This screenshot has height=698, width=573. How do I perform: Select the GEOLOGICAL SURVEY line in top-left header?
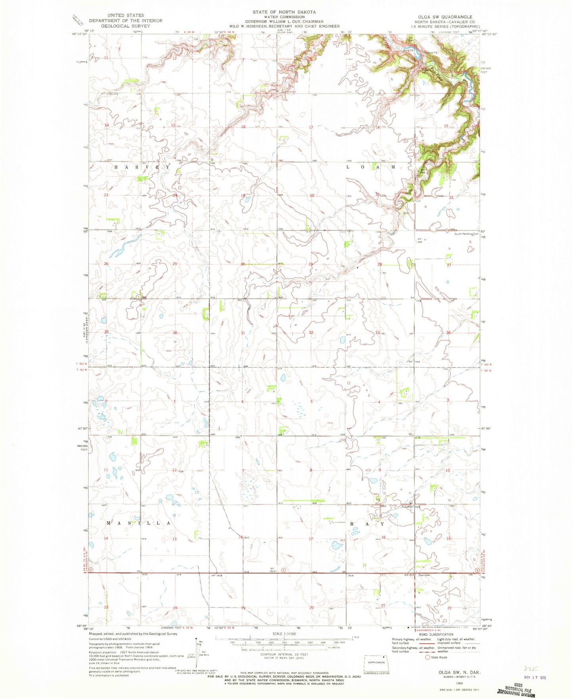coord(125,26)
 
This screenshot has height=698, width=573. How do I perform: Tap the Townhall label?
coord(407,507)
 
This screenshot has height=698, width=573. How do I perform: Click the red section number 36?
coord(174,333)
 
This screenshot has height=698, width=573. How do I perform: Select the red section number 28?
coord(379,264)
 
